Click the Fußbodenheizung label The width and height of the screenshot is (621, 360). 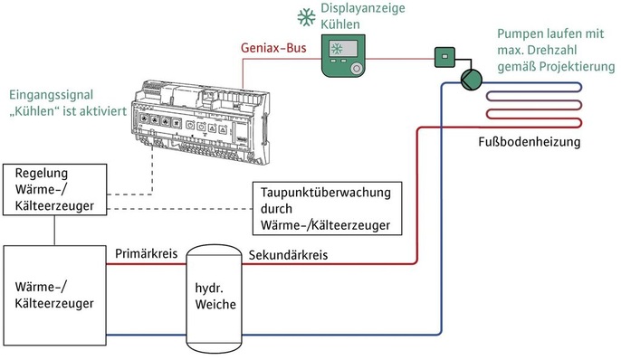(x=529, y=143)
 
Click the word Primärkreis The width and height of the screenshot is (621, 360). (x=145, y=255)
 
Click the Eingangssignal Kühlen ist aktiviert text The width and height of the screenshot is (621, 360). (x=65, y=102)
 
